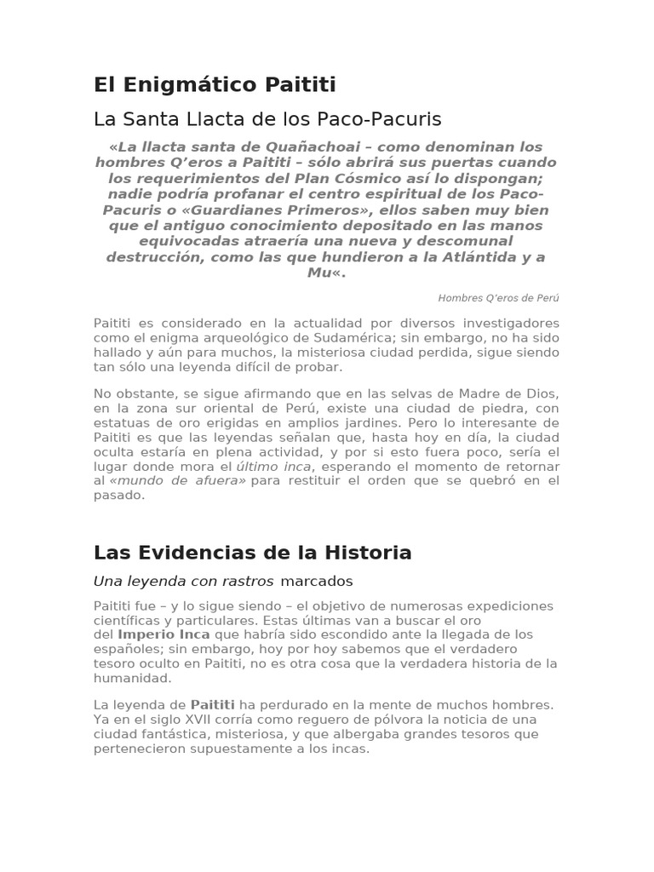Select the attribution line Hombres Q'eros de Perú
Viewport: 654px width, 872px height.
tap(498, 298)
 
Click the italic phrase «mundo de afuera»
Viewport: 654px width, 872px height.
tap(177, 481)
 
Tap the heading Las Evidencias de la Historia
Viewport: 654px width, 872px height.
tap(252, 553)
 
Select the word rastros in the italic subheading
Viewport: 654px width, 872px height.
tap(248, 582)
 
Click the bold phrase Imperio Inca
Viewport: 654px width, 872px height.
tap(163, 634)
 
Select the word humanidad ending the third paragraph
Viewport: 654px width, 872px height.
tap(132, 678)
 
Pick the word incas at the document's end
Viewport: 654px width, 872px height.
tap(350, 749)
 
